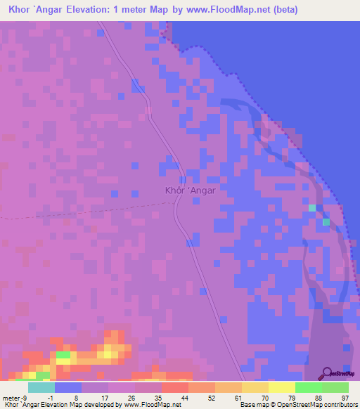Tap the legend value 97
pyautogui.click(x=345, y=397)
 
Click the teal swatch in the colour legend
pyautogui.click(x=41, y=387)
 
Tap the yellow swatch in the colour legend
pyautogui.click(x=282, y=387)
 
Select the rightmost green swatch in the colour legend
pyautogui.click(x=335, y=387)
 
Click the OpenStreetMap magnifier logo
pyautogui.click(x=328, y=372)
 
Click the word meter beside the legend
pyautogui.click(x=11, y=397)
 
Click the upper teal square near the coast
pyautogui.click(x=312, y=208)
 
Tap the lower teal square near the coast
pyautogui.click(x=326, y=222)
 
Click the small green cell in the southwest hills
pyautogui.click(x=63, y=355)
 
